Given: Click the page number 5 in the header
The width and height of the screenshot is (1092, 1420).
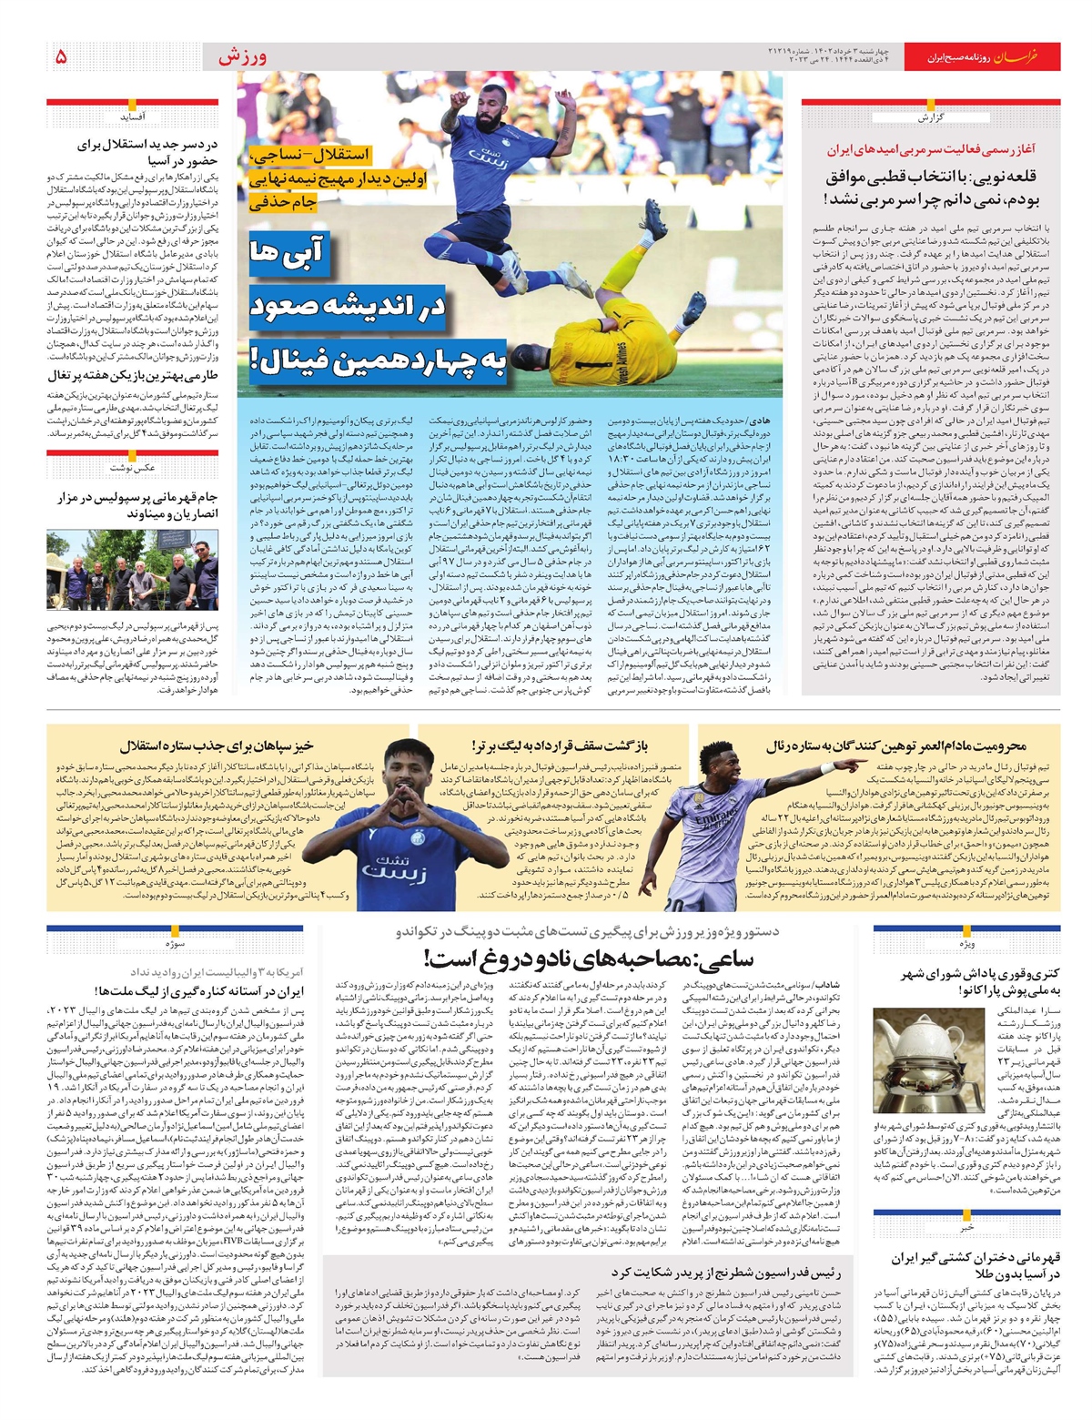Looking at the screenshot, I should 61,56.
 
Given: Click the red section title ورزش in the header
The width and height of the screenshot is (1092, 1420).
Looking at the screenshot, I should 242,56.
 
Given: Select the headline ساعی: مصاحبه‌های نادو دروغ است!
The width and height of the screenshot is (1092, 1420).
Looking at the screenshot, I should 588,958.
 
